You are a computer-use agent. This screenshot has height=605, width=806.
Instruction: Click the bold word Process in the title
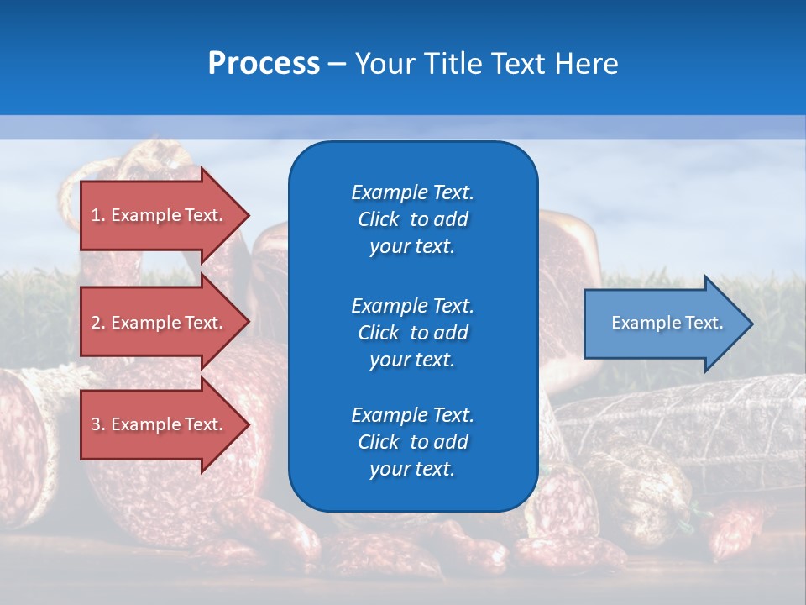click(264, 64)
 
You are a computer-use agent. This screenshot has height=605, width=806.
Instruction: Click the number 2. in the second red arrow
click(98, 323)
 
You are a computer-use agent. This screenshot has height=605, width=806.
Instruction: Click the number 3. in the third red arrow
click(98, 424)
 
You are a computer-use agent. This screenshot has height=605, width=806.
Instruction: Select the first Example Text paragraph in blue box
click(412, 219)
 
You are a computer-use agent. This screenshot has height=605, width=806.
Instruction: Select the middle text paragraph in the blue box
click(412, 333)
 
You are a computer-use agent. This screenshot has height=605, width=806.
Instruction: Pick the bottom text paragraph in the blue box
click(412, 442)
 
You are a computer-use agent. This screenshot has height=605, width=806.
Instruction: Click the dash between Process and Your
click(337, 64)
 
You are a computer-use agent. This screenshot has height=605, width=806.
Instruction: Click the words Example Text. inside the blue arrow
click(667, 323)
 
